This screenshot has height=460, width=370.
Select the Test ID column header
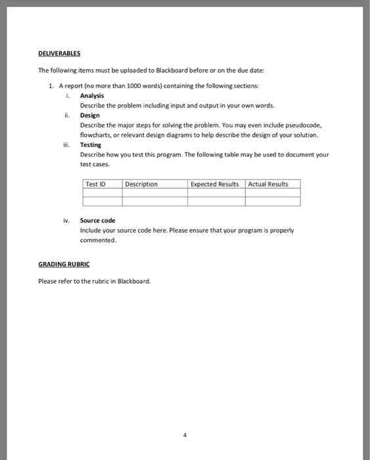coord(95,184)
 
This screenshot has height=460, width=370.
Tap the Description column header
coord(141,184)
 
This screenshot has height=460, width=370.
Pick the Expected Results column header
coord(215,184)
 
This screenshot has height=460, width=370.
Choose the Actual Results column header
coord(268,184)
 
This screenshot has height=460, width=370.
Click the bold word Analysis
coord(92,95)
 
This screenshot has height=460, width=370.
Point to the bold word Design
coord(89,115)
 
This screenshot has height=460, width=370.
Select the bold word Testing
coord(91,145)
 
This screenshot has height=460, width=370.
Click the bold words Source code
coord(97,221)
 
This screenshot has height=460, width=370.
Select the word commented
coord(98,241)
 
